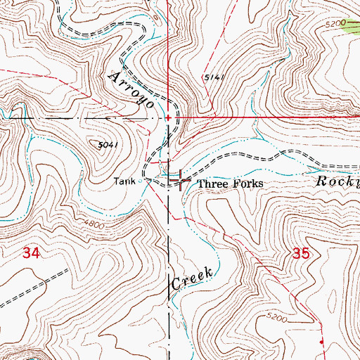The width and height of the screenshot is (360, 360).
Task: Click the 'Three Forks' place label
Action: coord(230,184)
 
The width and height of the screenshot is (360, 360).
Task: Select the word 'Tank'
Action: coord(125,181)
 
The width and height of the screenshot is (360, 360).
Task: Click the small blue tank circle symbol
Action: coord(140,181)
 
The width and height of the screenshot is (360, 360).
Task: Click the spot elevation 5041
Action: coord(106,144)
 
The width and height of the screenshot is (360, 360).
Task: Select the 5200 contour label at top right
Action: coord(336,23)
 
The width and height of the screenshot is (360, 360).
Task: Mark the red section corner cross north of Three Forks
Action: coord(169,117)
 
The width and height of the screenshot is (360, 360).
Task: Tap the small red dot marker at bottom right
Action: coord(321,342)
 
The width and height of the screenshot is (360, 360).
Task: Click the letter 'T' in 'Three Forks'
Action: coord(200,184)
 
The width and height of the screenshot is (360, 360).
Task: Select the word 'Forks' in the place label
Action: coord(249,184)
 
